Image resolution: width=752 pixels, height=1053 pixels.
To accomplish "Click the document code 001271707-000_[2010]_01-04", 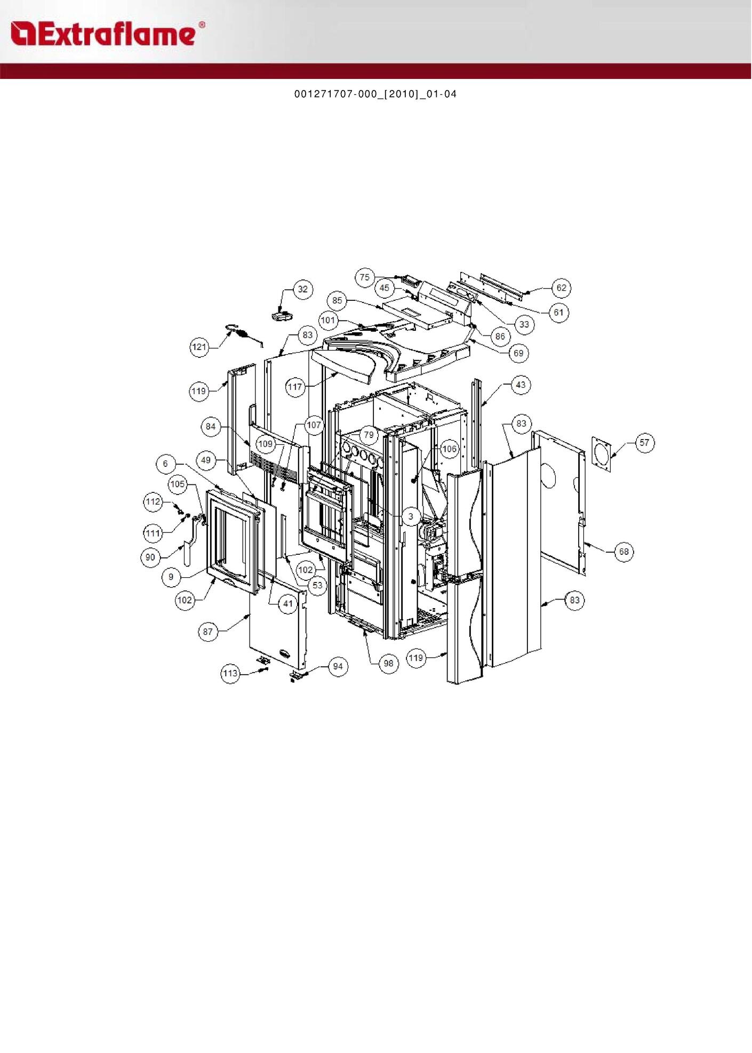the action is [x=375, y=94].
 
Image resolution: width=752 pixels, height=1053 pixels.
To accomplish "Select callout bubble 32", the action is [x=303, y=290].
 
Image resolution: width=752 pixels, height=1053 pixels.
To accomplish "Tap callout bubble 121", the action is [x=199, y=347].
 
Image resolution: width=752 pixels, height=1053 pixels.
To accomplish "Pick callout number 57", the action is [x=645, y=443].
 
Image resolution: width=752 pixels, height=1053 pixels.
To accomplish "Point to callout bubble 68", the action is [x=624, y=552].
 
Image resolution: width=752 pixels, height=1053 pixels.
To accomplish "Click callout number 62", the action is [x=562, y=288].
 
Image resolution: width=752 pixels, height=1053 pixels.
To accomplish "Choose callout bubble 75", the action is [x=365, y=277].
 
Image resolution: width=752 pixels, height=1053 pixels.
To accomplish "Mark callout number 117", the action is [x=295, y=387].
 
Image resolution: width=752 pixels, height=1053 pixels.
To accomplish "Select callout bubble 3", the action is [x=411, y=516].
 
